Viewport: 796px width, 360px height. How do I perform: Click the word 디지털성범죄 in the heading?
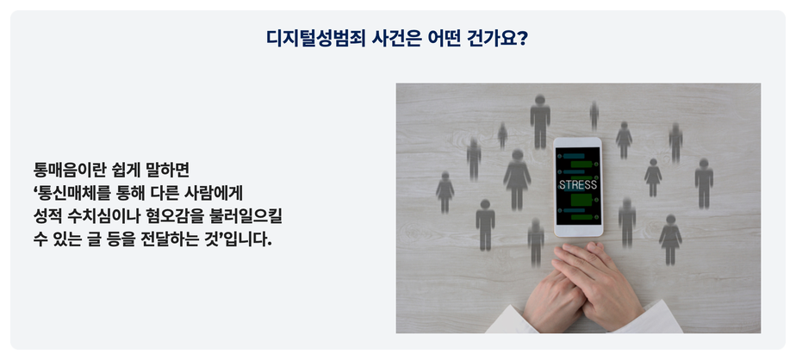(x=315, y=39)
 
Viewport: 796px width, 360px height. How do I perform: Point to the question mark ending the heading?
(x=522, y=39)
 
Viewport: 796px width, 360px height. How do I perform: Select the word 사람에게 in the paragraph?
(x=215, y=193)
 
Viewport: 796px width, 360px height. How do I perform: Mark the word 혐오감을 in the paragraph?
(x=175, y=216)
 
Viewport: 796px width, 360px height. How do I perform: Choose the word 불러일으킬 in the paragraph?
(x=246, y=216)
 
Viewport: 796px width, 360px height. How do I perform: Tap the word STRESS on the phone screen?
(x=578, y=185)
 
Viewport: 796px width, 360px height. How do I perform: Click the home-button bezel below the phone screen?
(x=578, y=231)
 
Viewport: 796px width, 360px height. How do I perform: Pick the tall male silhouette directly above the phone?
(x=540, y=121)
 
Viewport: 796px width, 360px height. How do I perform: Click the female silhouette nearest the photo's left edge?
(x=445, y=192)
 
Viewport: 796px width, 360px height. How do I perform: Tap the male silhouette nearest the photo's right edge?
(x=704, y=183)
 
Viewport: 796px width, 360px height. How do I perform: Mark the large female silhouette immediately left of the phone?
(x=517, y=179)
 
